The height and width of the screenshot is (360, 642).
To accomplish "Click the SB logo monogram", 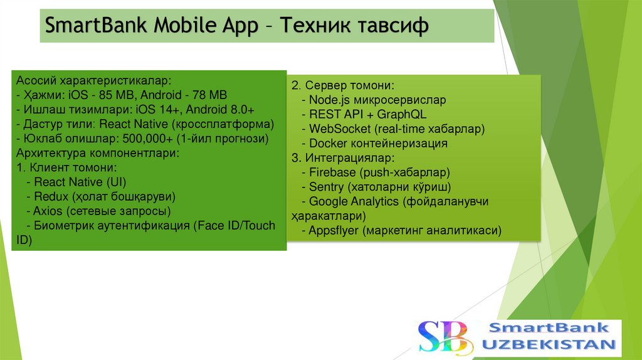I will [x=443, y=336].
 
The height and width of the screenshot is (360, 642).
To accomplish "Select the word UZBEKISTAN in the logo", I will [x=549, y=344].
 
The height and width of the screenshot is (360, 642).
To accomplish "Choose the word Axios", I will [x=48, y=211].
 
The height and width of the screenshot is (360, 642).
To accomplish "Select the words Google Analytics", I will [x=354, y=201].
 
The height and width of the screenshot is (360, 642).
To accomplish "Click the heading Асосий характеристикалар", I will [x=93, y=81].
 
